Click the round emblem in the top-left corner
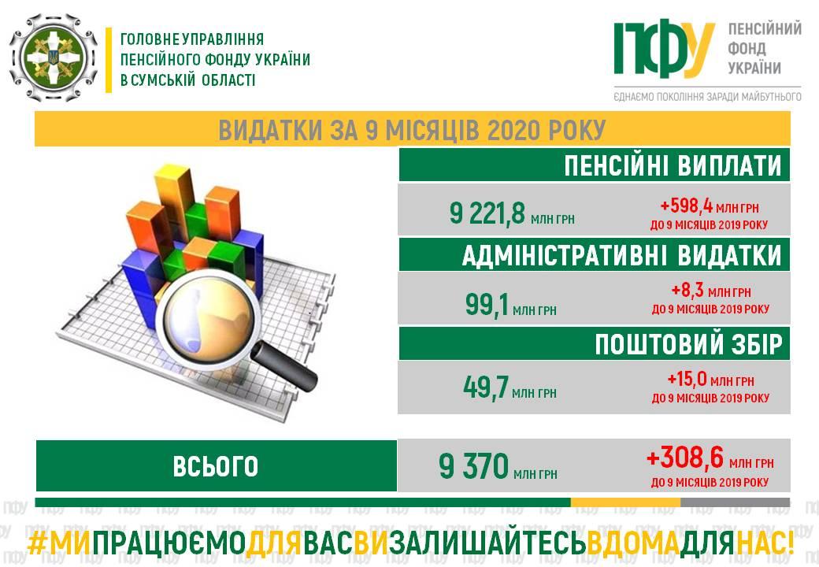coord(54,57)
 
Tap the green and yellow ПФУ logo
coord(664,49)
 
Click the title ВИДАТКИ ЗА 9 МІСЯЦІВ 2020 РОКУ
coord(412,130)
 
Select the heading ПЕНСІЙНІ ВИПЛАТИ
coord(673,165)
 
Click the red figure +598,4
coord(687,206)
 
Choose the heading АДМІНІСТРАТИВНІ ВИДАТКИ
coord(621,255)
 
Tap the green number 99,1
coord(487,305)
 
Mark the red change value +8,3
coord(687,291)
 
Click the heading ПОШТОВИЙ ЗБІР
coord(688,345)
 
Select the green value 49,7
coord(486,387)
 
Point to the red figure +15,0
coord(687,380)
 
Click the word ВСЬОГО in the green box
coord(216,466)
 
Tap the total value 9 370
coord(474,466)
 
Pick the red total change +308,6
coord(685,458)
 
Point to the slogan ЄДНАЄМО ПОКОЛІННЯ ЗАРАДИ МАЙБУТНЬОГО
coord(707,97)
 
